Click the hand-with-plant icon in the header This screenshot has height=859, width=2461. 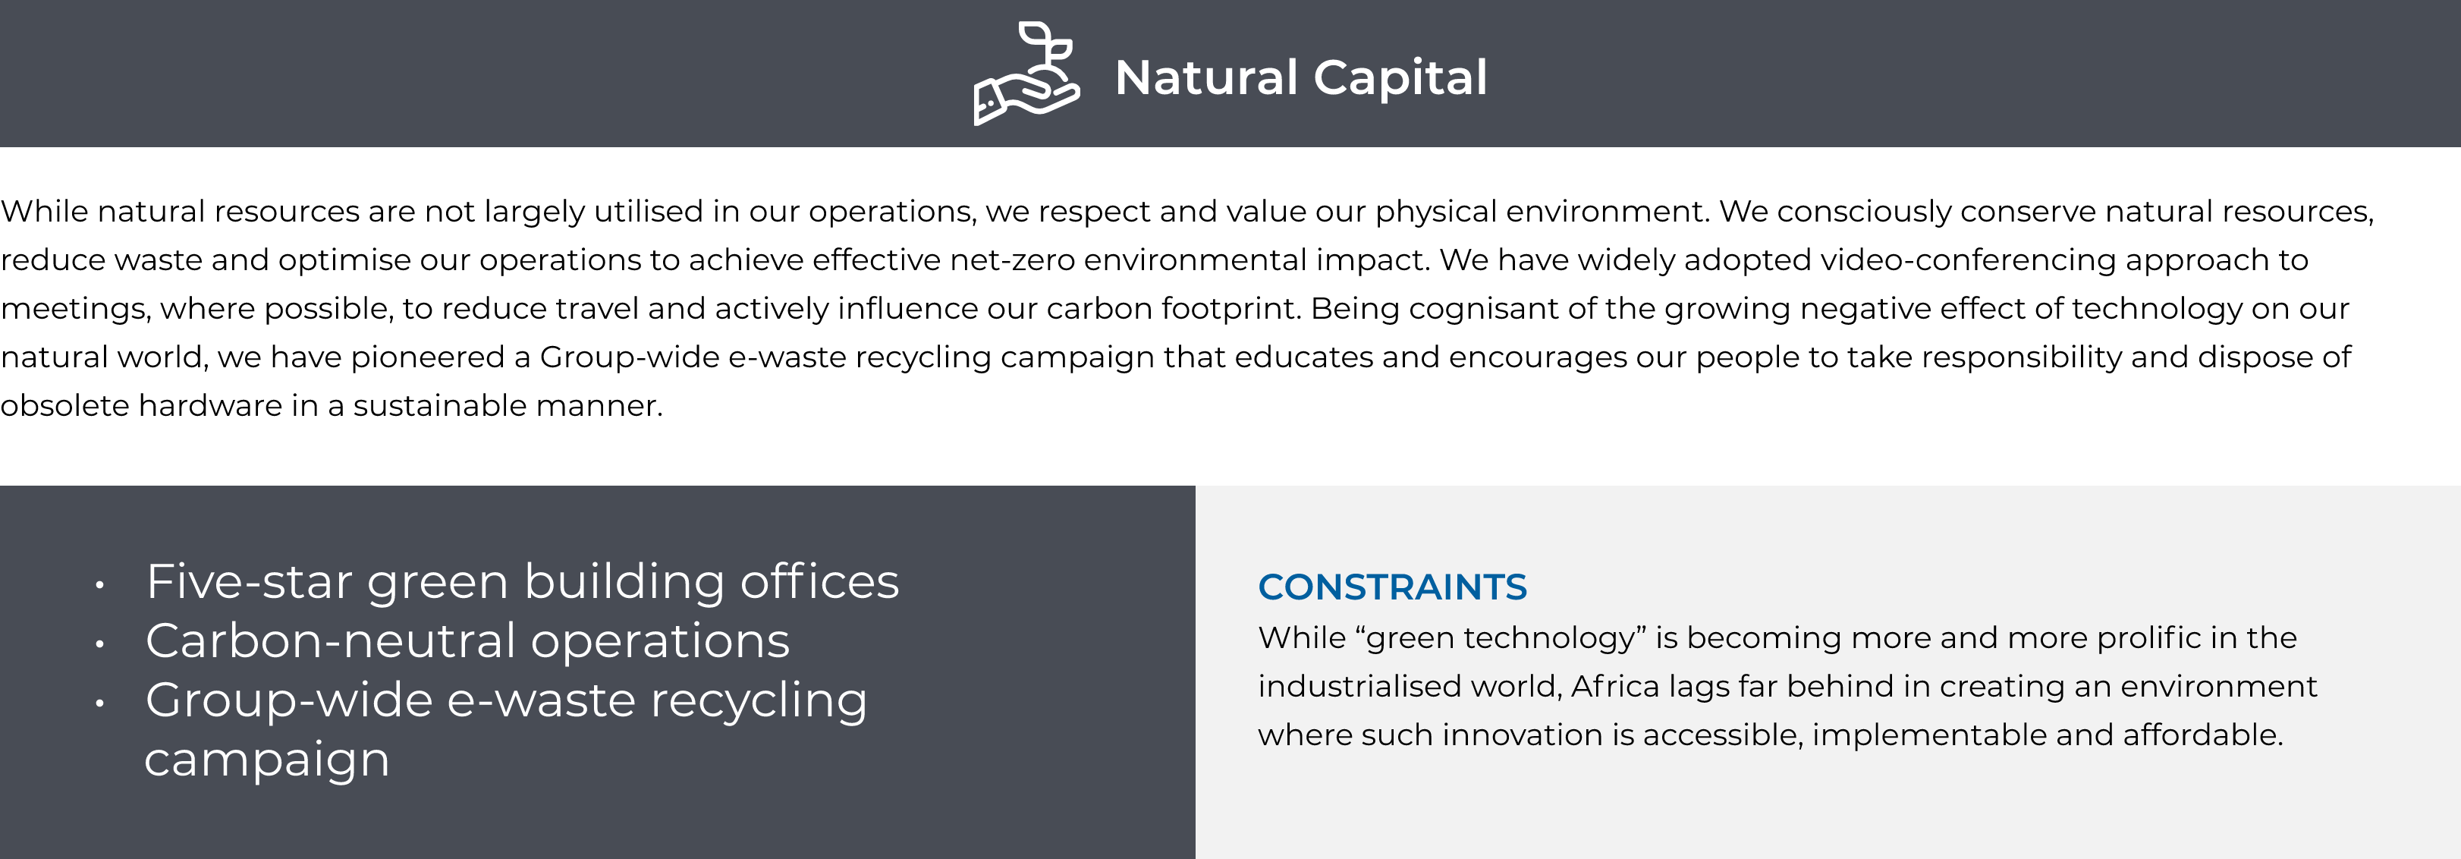pyautogui.click(x=1027, y=74)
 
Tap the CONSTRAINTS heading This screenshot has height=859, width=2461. pyautogui.click(x=1392, y=587)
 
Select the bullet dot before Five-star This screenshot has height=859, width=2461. pyautogui.click(x=99, y=585)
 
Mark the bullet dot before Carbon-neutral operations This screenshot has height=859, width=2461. pyautogui.click(x=99, y=644)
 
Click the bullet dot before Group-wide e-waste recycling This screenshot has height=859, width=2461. pyautogui.click(x=99, y=703)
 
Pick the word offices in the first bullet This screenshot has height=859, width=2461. pyautogui.click(x=819, y=581)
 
